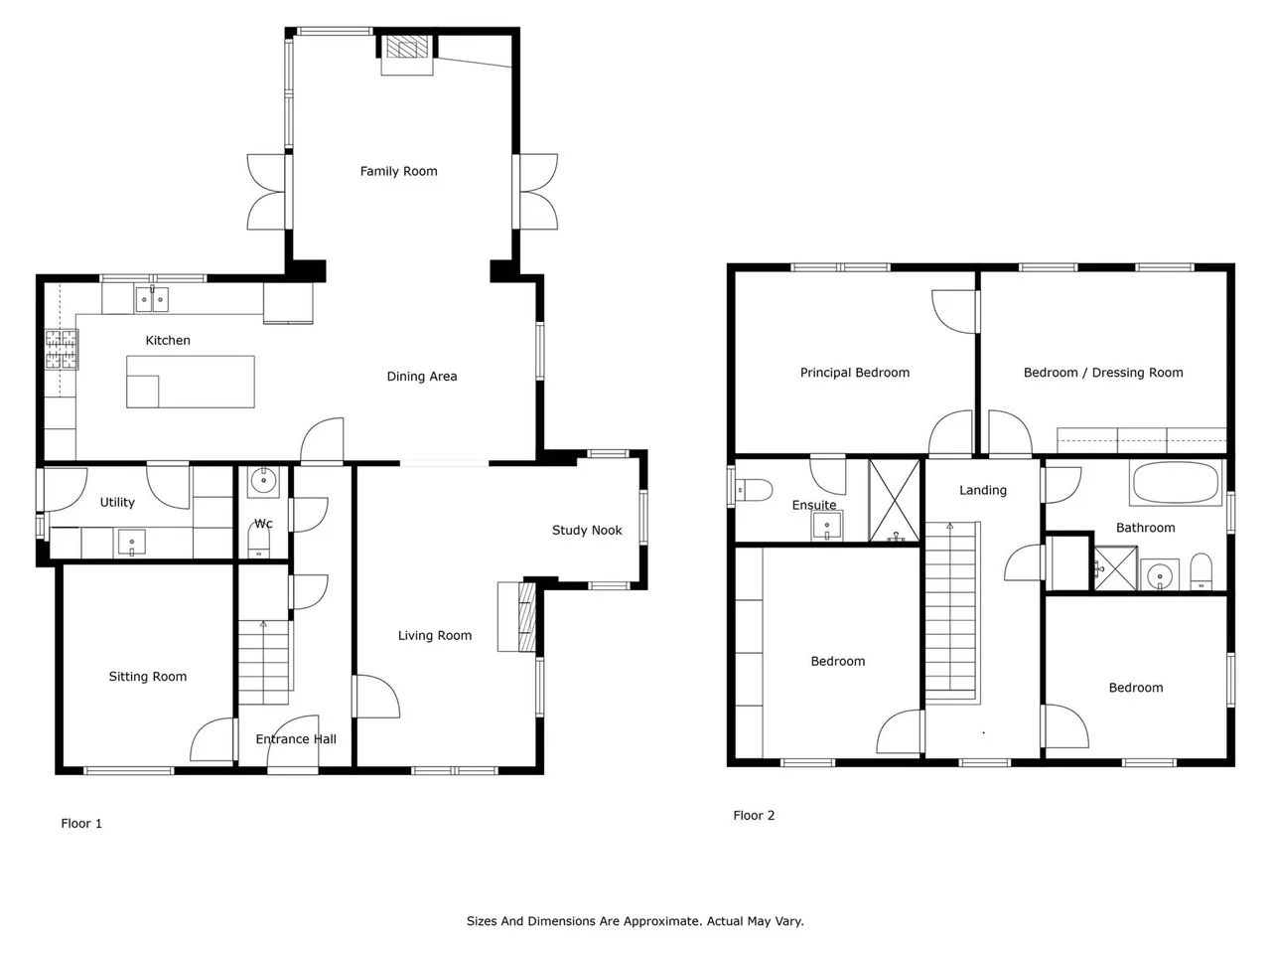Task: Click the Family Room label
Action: click(398, 172)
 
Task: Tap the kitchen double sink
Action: click(152, 299)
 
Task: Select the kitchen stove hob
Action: click(62, 349)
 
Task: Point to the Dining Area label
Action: click(422, 377)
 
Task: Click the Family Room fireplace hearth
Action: click(407, 55)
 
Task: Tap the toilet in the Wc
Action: click(259, 540)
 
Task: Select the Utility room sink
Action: click(131, 543)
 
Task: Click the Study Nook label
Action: click(587, 531)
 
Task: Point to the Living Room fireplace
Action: click(517, 617)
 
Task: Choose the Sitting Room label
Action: click(148, 677)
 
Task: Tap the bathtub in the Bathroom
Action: click(1175, 483)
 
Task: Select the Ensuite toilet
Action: click(754, 490)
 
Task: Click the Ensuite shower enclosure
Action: click(895, 501)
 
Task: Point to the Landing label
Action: click(983, 491)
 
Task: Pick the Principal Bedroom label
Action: click(855, 373)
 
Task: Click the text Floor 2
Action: click(754, 816)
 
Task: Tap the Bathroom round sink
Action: click(1160, 575)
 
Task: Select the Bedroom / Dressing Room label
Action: click(1103, 373)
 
